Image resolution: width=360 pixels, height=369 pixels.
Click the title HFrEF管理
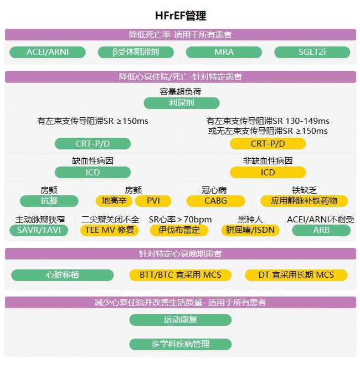(181, 16)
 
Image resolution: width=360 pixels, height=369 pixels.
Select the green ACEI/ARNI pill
(48, 52)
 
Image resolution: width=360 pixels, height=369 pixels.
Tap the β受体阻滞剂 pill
(136, 52)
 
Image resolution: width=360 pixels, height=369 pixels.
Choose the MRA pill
(224, 52)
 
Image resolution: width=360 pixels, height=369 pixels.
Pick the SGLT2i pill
(312, 52)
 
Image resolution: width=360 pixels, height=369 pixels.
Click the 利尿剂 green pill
(182, 103)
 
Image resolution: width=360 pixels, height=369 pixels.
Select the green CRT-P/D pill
(92, 143)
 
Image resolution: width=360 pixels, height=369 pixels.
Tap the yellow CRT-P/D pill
(268, 143)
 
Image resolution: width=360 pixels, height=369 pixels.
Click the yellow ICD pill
(268, 173)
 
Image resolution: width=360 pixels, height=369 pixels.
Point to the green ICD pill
(92, 173)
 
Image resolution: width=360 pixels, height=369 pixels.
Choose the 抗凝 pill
(49, 201)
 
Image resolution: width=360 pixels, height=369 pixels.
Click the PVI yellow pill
(153, 201)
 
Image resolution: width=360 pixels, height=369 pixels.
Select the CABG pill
(215, 201)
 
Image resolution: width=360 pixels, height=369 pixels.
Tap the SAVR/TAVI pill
(39, 230)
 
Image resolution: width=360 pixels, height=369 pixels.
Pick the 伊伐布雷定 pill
(179, 230)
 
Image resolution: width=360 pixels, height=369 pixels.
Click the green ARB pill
(321, 230)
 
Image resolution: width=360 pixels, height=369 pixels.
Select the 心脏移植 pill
(63, 275)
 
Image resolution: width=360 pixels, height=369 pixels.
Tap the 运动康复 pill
(181, 320)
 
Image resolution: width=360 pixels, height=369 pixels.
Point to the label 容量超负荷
(181, 91)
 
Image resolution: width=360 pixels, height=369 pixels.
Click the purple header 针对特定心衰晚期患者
(181, 254)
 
